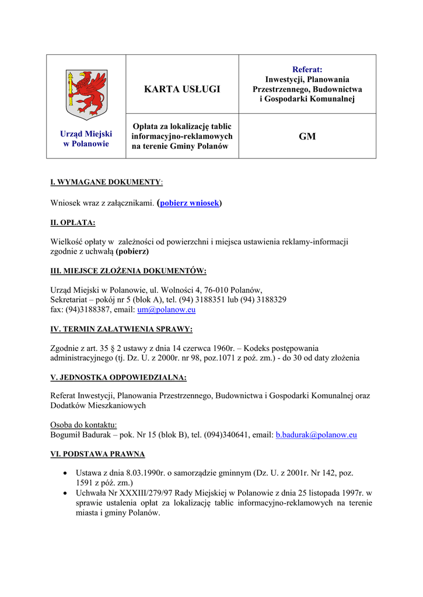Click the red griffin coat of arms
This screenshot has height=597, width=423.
[86, 93]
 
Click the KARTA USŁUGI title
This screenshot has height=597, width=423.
[182, 89]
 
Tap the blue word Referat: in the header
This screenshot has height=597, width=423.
[307, 69]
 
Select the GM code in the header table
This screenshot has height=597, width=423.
[307, 136]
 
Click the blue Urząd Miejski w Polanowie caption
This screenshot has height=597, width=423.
[86, 139]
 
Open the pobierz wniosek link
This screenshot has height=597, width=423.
[190, 203]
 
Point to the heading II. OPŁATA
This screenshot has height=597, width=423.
[73, 223]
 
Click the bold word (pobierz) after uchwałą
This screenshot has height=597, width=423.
[132, 251]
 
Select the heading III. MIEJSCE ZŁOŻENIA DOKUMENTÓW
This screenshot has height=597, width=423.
[128, 271]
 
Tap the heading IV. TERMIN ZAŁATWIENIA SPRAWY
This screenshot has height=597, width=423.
[121, 329]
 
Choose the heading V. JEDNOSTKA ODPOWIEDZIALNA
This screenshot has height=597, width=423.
[118, 377]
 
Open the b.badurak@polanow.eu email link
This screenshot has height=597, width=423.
[316, 434]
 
